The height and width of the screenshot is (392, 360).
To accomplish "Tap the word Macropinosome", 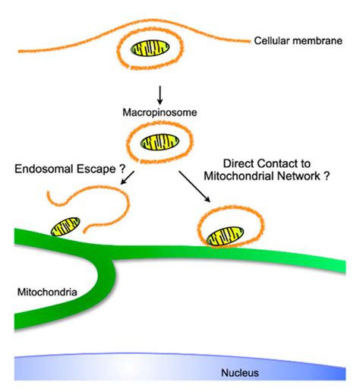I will pos(160,112).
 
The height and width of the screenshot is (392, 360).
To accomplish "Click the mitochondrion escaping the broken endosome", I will pos(65,227).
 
